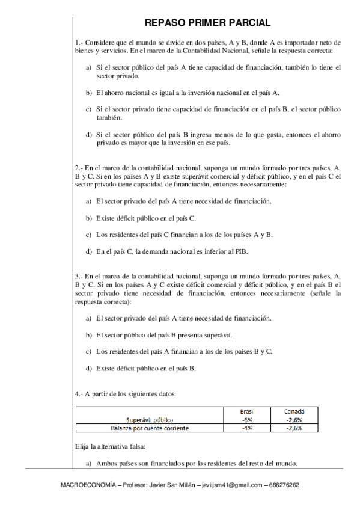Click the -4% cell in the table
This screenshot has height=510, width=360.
(x=247, y=428)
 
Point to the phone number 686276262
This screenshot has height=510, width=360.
(x=282, y=484)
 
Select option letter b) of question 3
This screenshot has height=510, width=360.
(x=90, y=334)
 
